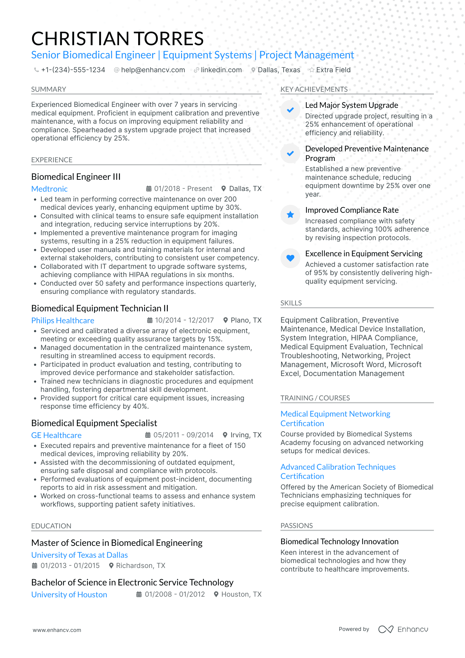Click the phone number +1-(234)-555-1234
coord(73,70)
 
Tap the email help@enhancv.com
coord(153,70)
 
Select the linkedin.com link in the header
coord(221,70)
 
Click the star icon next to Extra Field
coord(311,70)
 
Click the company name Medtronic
coord(49,189)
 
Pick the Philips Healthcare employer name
coord(63,321)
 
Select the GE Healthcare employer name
coord(56,435)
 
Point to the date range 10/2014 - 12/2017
coord(184,320)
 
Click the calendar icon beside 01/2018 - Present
coord(149,189)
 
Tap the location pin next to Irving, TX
coord(225,435)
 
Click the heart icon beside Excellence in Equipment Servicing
coord(290,258)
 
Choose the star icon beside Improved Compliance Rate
coord(290,215)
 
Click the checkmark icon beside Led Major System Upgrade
coord(290,110)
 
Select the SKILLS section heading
coord(291,303)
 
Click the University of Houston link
coord(69,595)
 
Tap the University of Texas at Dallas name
coord(79,555)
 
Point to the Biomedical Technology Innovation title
coord(339,542)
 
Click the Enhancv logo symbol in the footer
coord(386,629)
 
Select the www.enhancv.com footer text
coord(57,630)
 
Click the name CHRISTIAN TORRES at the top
coord(117,39)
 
